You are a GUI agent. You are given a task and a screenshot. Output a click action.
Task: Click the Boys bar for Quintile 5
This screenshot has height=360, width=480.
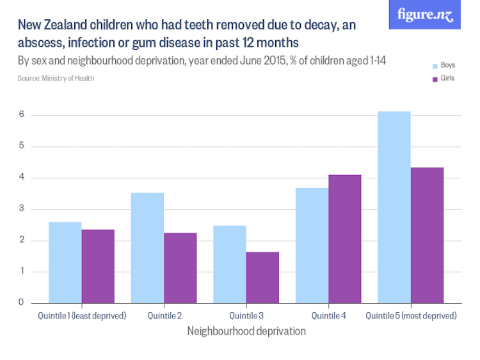coord(394,207)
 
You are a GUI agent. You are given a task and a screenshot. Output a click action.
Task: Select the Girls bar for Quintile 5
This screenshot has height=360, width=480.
coord(427,235)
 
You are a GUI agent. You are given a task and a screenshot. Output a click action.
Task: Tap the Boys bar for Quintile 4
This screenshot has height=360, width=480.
coord(312,246)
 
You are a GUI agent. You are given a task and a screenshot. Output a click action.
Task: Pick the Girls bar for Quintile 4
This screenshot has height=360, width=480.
coord(344,239)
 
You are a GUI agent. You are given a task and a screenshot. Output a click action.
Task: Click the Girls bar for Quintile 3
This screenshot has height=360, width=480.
coord(262,278)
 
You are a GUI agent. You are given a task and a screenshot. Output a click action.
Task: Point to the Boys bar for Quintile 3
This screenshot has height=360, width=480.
coord(229,264)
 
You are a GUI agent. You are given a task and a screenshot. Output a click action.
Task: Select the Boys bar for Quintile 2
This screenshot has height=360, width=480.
coord(147,248)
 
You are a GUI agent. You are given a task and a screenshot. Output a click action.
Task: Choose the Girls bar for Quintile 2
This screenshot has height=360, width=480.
coord(180,268)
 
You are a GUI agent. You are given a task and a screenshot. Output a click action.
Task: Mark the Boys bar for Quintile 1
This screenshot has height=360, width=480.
coord(65,263)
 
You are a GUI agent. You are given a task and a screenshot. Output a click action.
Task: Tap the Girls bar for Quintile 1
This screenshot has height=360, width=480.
coord(98,266)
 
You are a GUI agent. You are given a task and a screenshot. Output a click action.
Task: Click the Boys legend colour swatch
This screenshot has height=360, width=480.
coord(435,66)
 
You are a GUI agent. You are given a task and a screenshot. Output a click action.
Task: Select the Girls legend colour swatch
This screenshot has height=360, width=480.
coord(435,79)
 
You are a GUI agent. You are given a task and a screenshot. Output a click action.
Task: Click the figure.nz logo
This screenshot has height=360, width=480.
coord(424,15)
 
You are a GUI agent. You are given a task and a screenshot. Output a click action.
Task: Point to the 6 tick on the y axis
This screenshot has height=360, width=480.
coord(21,115)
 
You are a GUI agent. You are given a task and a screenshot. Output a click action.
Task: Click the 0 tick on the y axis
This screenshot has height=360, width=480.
coord(21,303)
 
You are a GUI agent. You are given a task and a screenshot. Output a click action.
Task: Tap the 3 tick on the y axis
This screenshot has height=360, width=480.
coord(21,209)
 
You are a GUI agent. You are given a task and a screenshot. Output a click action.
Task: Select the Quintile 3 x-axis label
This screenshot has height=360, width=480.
coord(246,316)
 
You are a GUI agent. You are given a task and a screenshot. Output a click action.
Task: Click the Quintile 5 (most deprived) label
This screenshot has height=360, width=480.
coord(410,316)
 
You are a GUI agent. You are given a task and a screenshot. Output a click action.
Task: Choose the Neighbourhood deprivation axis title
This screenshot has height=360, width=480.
coord(246,331)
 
